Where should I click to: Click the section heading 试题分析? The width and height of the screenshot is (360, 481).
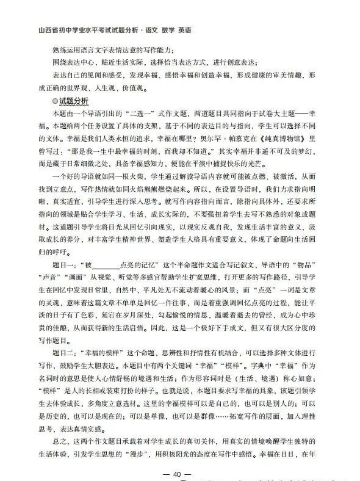point(73,101)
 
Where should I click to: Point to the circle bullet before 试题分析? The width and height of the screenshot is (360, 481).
point(55,101)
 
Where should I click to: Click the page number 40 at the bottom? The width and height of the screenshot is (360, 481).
point(178,474)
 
